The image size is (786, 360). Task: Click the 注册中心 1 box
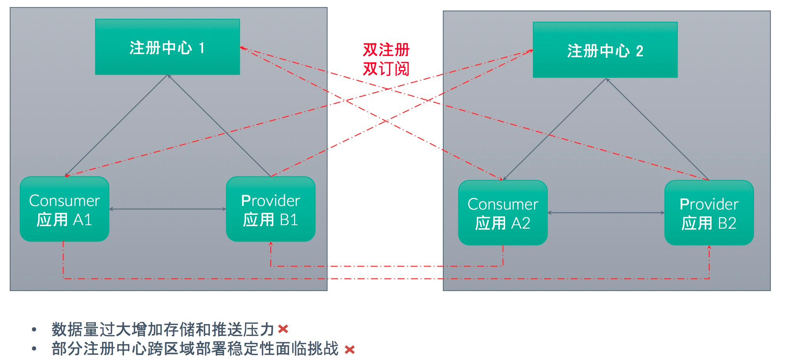click(x=167, y=47)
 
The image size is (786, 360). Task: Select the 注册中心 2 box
click(x=605, y=50)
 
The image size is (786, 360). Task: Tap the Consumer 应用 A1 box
click(x=65, y=209)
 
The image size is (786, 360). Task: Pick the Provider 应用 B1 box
click(x=271, y=209)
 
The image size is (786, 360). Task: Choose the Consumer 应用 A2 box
click(x=503, y=213)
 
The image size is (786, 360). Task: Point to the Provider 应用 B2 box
click(x=709, y=213)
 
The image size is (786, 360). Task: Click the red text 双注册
click(x=386, y=50)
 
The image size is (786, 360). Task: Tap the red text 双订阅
click(x=386, y=69)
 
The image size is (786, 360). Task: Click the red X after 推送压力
click(x=283, y=329)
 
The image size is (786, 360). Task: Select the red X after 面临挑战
click(x=350, y=349)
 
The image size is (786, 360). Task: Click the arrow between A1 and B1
click(x=167, y=209)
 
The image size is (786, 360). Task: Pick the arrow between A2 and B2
click(x=606, y=213)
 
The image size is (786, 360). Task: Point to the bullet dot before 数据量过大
click(x=34, y=330)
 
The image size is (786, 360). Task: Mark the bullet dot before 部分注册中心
click(x=34, y=349)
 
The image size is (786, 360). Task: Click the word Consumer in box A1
click(x=65, y=201)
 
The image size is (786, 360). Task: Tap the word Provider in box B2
click(x=709, y=204)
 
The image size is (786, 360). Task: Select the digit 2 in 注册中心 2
click(x=640, y=51)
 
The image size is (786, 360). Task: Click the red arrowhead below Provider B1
click(x=271, y=244)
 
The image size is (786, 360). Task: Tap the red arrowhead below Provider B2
click(x=709, y=248)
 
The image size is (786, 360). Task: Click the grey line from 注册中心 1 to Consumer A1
click(x=117, y=125)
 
